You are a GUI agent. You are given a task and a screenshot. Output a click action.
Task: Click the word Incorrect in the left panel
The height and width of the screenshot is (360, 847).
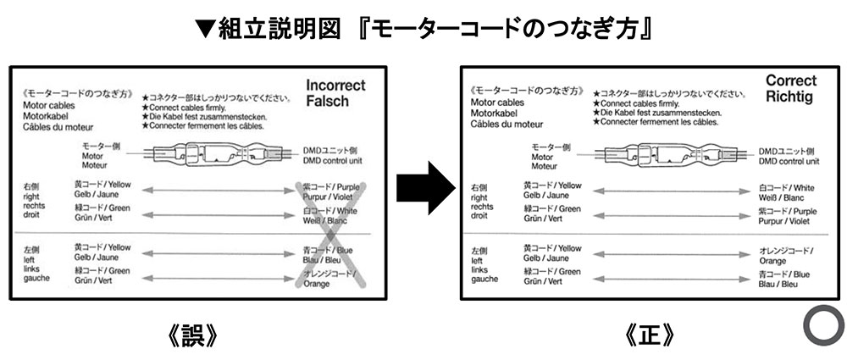(335, 86)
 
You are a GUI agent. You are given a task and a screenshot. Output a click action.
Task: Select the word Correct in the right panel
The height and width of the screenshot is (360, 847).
(791, 80)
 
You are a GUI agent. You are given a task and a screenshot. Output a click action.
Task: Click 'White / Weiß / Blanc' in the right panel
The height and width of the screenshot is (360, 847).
(787, 192)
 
